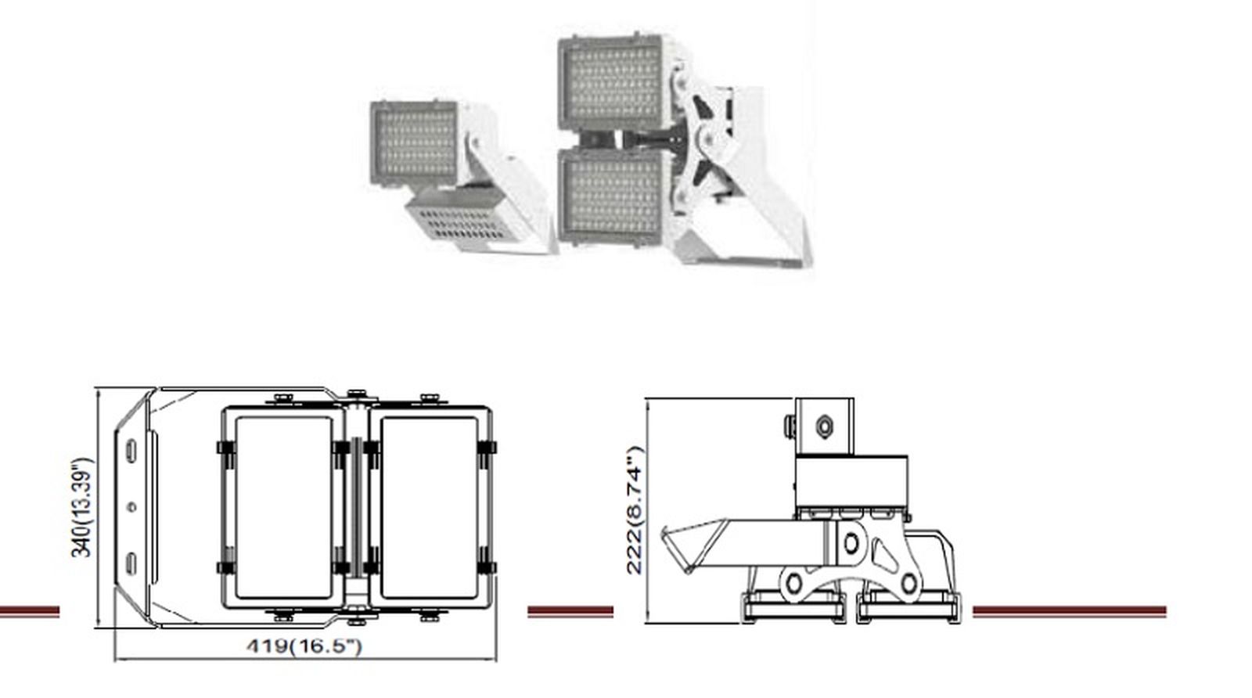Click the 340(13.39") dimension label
coord(82,507)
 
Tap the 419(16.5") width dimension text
coord(304,646)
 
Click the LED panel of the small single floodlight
coord(413,146)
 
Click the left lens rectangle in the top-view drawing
coord(283,507)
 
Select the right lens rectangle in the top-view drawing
coord(429,507)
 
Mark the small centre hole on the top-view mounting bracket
coord(131,507)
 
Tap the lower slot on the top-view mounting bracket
coord(131,563)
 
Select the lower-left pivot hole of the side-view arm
coord(794,583)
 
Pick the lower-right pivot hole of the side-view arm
coord(908,583)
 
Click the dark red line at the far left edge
coord(29,611)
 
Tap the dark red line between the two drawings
coord(570,611)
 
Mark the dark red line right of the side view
coord(1069,611)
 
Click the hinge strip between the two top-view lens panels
coord(358,507)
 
